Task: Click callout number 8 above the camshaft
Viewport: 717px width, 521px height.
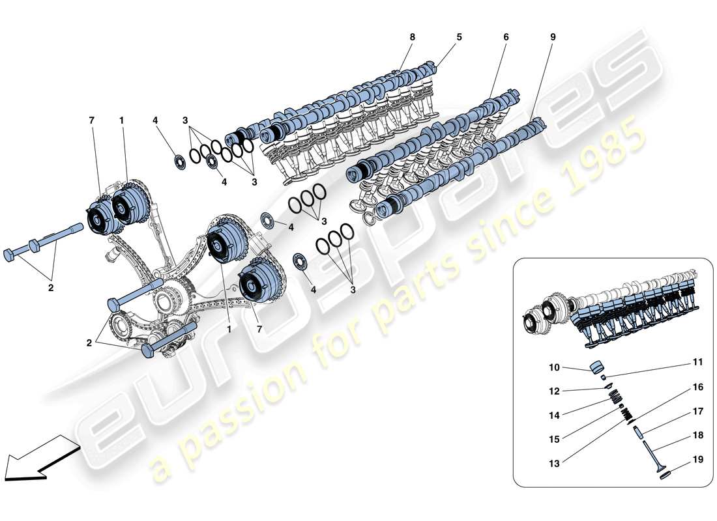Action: pos(412,37)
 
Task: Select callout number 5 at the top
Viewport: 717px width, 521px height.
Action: pos(459,37)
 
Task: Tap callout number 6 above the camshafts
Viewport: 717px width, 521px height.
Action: pos(506,37)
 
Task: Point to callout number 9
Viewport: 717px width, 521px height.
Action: pos(553,37)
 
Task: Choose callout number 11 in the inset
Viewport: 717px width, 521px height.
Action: pos(698,362)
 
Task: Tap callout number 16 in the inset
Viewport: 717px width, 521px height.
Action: pos(698,387)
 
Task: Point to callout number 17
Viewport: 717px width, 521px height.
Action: pos(698,411)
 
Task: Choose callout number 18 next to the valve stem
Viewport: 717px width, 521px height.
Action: pos(698,435)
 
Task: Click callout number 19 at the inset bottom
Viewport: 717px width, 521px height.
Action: pos(698,459)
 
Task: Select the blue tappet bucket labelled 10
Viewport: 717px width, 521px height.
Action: pos(598,369)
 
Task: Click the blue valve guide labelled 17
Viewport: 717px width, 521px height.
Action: pos(638,433)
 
